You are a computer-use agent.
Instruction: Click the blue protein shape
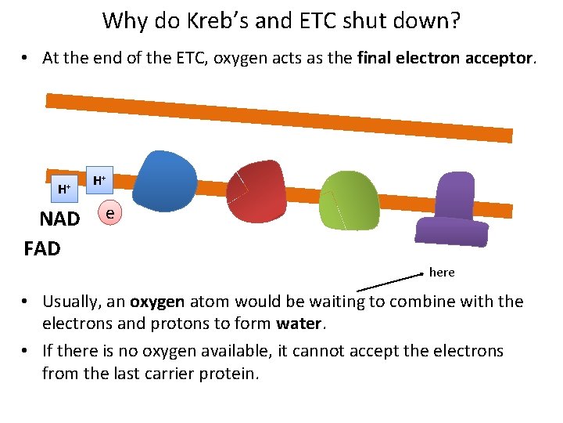coord(165,181)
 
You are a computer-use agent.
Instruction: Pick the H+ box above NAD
coord(63,188)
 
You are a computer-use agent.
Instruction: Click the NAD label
coord(59,219)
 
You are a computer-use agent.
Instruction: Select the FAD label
coord(42,249)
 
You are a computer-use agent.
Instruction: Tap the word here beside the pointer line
coord(442,272)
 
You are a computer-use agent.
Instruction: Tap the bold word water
coord(299,323)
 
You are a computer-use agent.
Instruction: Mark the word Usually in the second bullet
coord(74,302)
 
